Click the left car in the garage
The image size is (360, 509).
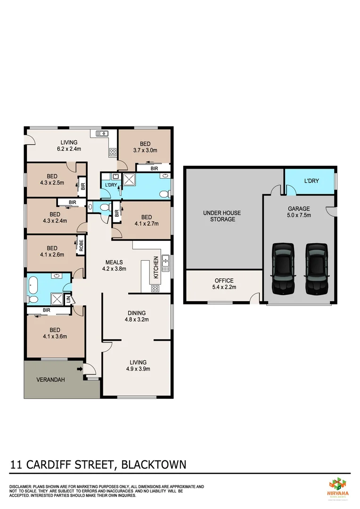pos(283,266)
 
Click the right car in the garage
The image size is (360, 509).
pos(315,266)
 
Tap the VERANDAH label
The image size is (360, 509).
pos(51,379)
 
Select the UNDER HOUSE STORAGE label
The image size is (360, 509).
pos(221,216)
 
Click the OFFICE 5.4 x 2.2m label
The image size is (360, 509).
pos(224,283)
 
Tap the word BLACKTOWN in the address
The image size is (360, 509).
pos(154,465)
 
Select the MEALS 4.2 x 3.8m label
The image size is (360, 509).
pos(114,265)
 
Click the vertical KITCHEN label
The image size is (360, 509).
pos(155,268)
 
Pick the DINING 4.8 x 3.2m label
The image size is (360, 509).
pos(137,316)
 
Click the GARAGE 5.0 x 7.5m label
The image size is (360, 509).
pos(299,212)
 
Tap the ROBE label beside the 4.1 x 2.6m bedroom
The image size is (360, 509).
pos(81,245)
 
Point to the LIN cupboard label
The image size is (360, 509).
pos(68,299)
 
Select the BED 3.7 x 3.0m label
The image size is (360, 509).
pos(145,147)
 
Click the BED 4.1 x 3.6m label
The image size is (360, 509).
pos(55,333)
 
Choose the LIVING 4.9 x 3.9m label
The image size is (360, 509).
pos(137,366)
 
